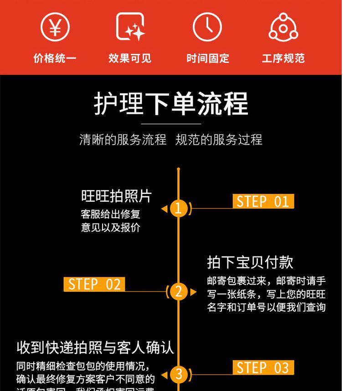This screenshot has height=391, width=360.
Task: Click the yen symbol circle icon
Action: [55, 27]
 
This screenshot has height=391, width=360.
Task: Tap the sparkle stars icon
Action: [130, 27]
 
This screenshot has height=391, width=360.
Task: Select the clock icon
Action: [207, 27]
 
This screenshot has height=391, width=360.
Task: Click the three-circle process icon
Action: [283, 27]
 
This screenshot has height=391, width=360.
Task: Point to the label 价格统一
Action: [55, 58]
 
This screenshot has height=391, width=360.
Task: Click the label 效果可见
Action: [130, 58]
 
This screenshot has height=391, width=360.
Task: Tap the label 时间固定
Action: [207, 58]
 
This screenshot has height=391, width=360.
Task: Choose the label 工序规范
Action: [283, 58]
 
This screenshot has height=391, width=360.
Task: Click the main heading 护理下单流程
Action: [171, 104]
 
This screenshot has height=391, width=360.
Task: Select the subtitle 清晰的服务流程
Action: [123, 140]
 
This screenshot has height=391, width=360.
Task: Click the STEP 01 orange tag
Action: [263, 201]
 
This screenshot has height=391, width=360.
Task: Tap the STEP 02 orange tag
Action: [94, 284]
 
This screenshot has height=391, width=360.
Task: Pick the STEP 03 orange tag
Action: [263, 367]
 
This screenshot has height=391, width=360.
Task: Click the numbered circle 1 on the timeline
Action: [178, 209]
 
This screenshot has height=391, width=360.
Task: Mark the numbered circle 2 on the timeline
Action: [178, 292]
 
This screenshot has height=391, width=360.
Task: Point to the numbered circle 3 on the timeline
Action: [178, 375]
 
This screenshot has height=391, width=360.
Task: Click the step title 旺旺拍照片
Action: [116, 196]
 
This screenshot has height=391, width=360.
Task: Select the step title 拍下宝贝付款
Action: [250, 262]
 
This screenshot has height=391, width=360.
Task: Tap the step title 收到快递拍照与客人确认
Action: [95, 348]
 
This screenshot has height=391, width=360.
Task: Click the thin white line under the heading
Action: [171, 124]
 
